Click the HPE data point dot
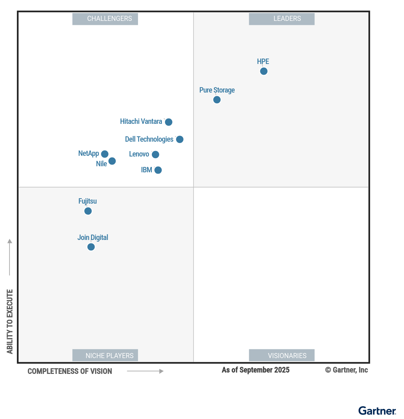[x=264, y=71]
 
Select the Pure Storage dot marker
[x=217, y=100]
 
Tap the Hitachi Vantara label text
[x=141, y=121]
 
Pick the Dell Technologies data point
[x=180, y=139]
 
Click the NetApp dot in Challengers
[x=105, y=154]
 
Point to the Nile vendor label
[x=101, y=164]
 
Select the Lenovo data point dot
[x=155, y=154]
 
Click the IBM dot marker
[x=158, y=170]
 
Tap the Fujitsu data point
[x=88, y=211]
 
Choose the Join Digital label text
[x=93, y=238]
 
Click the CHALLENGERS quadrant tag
[x=105, y=19]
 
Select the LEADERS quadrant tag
[x=281, y=19]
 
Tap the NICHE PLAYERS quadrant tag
[x=105, y=355]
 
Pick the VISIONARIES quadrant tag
[x=281, y=355]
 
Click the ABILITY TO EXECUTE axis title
[x=10, y=321]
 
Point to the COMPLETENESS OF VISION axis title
[x=70, y=371]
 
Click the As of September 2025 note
[x=256, y=370]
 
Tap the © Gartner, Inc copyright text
[x=346, y=370]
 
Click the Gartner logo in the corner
[x=377, y=411]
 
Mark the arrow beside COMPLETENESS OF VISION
[x=145, y=371]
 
